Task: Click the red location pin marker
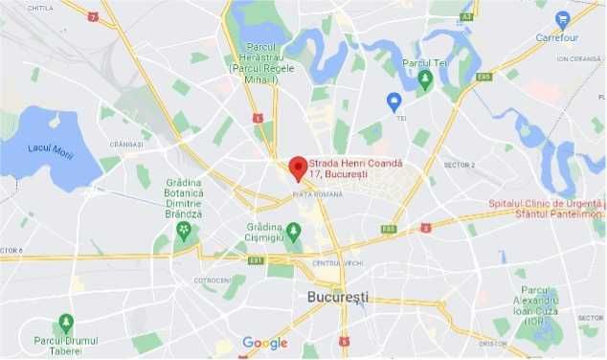[x=298, y=168]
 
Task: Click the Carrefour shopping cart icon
[x=562, y=18]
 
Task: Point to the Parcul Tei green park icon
[x=427, y=82]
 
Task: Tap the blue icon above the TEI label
[x=393, y=101]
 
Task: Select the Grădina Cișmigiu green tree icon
[x=294, y=231]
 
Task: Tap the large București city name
[x=337, y=297]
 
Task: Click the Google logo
[x=264, y=343]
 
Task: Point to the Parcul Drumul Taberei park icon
[x=66, y=323]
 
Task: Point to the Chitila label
[x=40, y=8]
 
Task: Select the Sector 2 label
[x=459, y=165]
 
